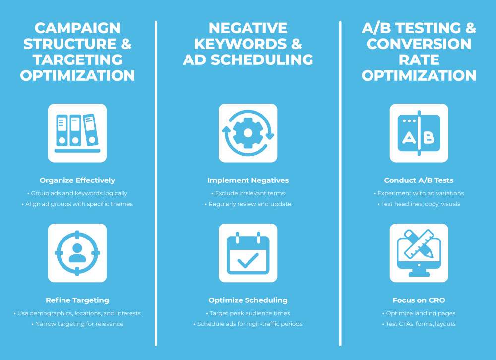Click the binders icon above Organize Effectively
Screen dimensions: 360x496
(77, 133)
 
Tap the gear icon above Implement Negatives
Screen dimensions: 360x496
(248, 133)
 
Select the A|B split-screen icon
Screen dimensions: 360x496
(419, 133)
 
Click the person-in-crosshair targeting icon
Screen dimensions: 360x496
(77, 253)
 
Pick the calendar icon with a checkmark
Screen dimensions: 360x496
(248, 253)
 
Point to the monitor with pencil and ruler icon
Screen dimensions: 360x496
(419, 253)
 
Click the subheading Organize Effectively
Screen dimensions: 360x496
(77, 180)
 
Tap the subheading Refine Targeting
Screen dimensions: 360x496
(77, 300)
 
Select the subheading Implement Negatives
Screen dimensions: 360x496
(248, 180)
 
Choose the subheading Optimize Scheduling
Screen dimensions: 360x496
(248, 300)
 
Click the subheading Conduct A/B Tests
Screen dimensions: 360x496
(419, 180)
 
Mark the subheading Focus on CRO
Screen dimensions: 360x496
(419, 300)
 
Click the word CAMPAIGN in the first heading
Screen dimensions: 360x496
(77, 28)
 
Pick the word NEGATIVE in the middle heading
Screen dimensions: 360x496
(248, 28)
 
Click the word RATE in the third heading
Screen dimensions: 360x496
(419, 60)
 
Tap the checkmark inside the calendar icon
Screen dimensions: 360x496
(248, 260)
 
